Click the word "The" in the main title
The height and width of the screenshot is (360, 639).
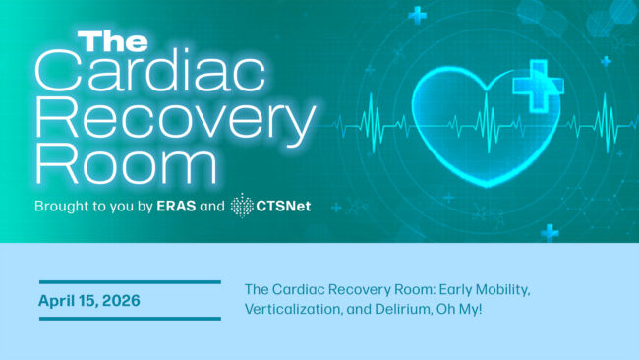pyautogui.click(x=113, y=42)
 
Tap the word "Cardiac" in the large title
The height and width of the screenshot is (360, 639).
pyautogui.click(x=150, y=71)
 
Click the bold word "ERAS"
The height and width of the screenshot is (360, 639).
pyautogui.click(x=176, y=206)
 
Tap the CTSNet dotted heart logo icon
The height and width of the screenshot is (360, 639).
pyautogui.click(x=242, y=206)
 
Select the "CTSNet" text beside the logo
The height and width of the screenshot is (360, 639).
pyautogui.click(x=283, y=206)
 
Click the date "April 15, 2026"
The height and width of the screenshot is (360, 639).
pyautogui.click(x=89, y=301)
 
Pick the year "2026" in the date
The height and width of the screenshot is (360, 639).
pyautogui.click(x=121, y=300)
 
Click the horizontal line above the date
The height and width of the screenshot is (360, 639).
pyautogui.click(x=130, y=282)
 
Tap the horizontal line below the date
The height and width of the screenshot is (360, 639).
pyautogui.click(x=130, y=319)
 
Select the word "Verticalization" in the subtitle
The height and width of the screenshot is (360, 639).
pyautogui.click(x=292, y=309)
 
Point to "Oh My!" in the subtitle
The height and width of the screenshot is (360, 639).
pyautogui.click(x=459, y=310)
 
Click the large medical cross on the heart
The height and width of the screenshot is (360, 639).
pyautogui.click(x=538, y=86)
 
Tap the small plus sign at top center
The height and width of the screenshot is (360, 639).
pyautogui.click(x=418, y=16)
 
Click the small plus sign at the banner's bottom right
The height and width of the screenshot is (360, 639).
pyautogui.click(x=550, y=233)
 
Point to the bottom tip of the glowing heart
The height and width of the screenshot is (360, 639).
pyautogui.click(x=487, y=187)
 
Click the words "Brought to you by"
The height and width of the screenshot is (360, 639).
pyautogui.click(x=93, y=207)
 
